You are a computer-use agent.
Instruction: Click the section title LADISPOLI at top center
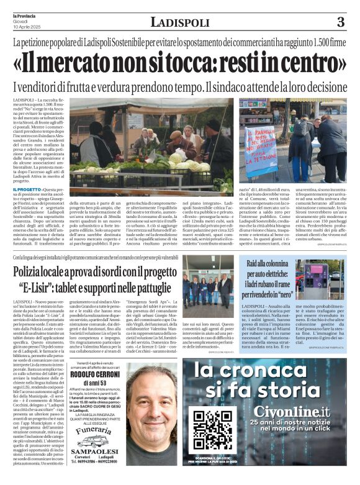pyautogui.click(x=180, y=22)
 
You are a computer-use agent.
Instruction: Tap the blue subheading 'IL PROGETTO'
pyautogui.click(x=27, y=189)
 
